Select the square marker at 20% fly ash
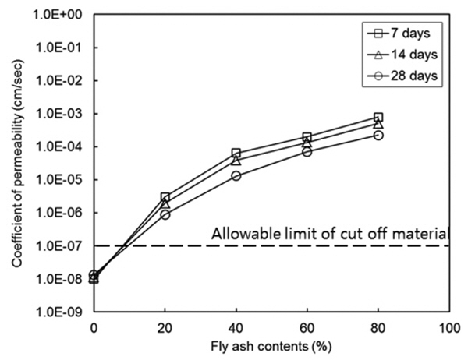pyautogui.click(x=165, y=198)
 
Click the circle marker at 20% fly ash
pyautogui.click(x=165, y=214)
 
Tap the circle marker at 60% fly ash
pyautogui.click(x=307, y=151)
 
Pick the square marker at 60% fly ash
pyautogui.click(x=307, y=137)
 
